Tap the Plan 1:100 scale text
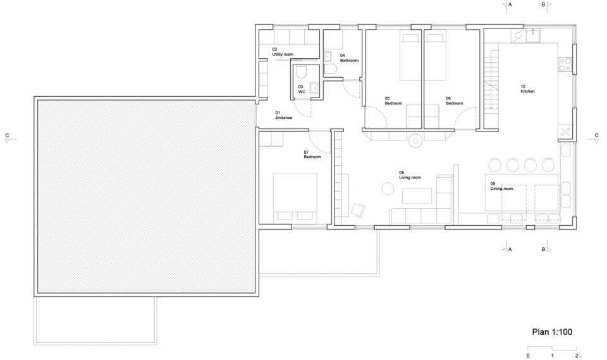point(552,332)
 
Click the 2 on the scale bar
point(577,356)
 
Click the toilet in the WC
point(301,73)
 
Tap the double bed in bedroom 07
point(295,197)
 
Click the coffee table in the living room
point(417,196)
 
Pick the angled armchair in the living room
point(358,210)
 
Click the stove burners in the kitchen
point(565,65)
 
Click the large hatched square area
point(146,197)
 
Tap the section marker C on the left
point(7,138)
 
